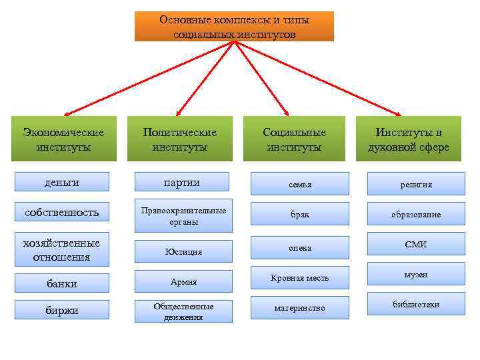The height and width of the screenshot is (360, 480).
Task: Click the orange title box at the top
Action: click(x=234, y=26)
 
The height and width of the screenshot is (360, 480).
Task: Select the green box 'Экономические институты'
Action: click(x=64, y=139)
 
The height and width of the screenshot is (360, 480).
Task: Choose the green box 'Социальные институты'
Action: click(x=294, y=139)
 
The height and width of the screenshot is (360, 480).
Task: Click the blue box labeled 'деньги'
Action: click(x=61, y=182)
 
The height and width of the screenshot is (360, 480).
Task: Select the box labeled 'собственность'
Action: click(x=61, y=212)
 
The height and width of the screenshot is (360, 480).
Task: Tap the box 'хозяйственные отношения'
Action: click(x=61, y=249)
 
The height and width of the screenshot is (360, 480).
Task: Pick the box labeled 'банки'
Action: click(x=61, y=283)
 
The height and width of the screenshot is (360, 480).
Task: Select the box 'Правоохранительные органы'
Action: click(x=183, y=215)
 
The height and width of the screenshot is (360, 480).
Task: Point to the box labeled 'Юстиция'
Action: click(x=183, y=251)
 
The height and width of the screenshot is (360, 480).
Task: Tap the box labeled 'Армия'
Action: click(x=183, y=281)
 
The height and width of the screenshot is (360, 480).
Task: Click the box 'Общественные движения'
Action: click(x=183, y=311)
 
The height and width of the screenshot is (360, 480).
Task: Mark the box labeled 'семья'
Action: click(x=299, y=183)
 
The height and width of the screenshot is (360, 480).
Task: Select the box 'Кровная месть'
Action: click(x=299, y=277)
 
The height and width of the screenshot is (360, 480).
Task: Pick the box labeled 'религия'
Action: click(x=416, y=183)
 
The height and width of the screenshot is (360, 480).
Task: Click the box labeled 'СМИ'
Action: click(x=416, y=245)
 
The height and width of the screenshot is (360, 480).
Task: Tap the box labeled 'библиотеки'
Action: click(x=416, y=305)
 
